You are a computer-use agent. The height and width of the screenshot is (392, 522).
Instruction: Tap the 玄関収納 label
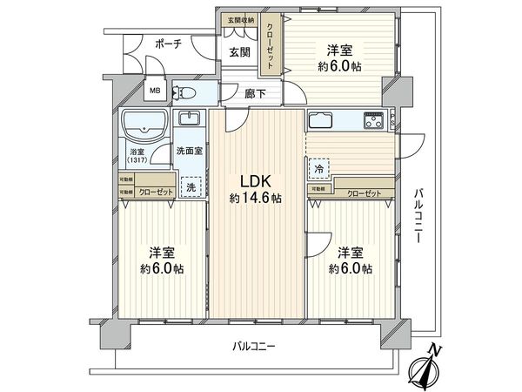[242, 18]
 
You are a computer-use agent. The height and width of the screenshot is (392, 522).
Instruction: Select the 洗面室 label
[190, 150]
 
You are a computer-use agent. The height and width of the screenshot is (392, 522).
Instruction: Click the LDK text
[255, 181]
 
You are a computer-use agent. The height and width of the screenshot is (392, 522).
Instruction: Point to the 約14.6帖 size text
[255, 199]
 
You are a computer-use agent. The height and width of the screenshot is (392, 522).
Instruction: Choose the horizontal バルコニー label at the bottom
[254, 346]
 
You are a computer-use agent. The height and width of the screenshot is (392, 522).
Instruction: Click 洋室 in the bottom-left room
[159, 253]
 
